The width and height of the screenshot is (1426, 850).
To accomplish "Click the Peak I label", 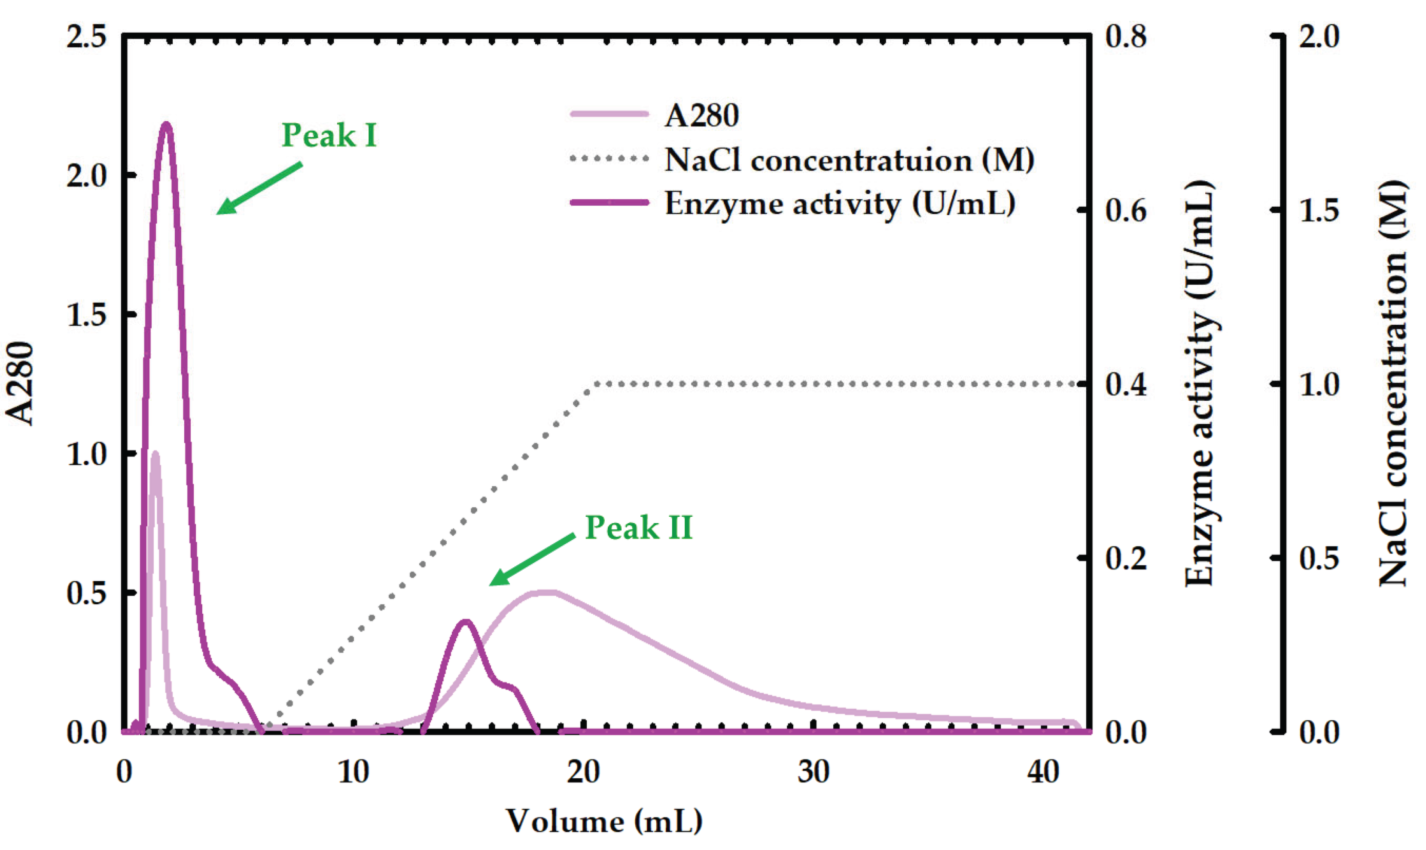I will click(329, 136).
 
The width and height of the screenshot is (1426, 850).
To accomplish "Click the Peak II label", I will click(639, 527).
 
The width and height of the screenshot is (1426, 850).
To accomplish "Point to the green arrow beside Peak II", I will click(532, 560).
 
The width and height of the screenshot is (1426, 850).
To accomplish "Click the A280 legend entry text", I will click(701, 115).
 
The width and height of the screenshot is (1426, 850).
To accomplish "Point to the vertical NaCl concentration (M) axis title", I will click(1392, 383).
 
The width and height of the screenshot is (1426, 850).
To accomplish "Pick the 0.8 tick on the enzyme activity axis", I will click(1125, 38).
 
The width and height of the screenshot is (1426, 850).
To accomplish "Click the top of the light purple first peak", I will click(155, 454).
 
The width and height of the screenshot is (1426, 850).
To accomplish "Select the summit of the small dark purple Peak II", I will click(466, 622).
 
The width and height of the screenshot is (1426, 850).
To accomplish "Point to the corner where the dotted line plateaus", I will click(596, 384).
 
